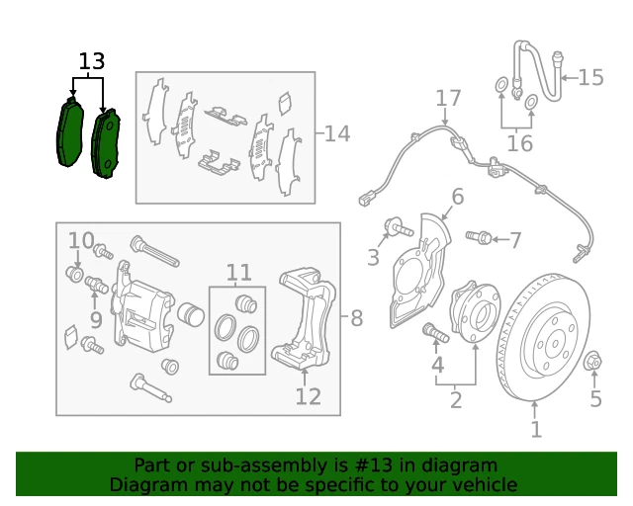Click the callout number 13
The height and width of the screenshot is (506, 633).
point(92,61)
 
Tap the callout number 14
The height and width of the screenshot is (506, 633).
point(337,133)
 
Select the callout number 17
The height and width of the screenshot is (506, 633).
point(448,99)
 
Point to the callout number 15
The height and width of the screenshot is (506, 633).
point(590,77)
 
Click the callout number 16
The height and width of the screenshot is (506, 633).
point(520,143)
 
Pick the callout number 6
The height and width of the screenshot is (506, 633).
point(457,197)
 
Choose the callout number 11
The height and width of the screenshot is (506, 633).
point(239,273)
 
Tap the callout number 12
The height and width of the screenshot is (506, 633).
point(309,396)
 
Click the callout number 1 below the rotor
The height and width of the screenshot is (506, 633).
point(535,429)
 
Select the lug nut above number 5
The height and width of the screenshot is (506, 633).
point(592,361)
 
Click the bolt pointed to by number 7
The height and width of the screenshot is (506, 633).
point(479,237)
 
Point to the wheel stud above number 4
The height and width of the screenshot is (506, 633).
point(435,332)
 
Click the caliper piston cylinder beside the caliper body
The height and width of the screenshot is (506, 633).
point(191,314)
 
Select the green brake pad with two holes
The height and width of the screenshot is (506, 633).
point(106,143)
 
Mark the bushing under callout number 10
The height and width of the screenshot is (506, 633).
point(75,274)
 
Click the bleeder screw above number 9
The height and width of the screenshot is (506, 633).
point(97,285)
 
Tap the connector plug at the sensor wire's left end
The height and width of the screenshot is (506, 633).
point(364,200)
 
